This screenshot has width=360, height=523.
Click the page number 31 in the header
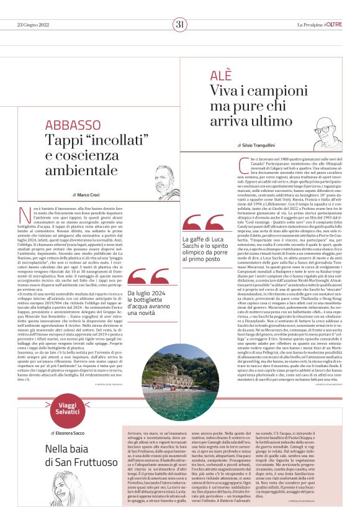click(x=180, y=24)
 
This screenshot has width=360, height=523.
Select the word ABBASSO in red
click(x=73, y=125)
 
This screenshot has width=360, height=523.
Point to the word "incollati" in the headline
click(x=110, y=140)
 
